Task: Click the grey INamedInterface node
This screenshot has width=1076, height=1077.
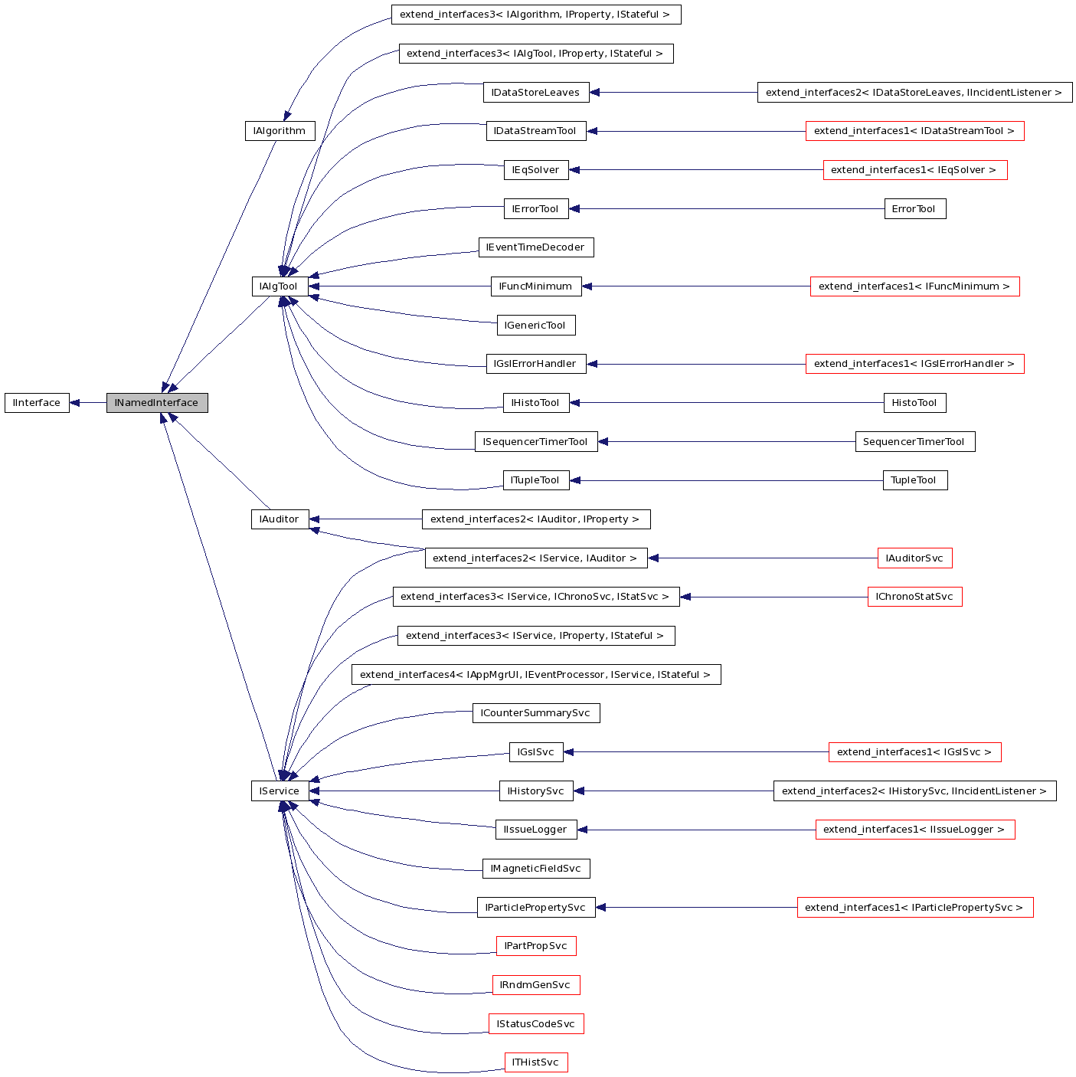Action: pos(157,403)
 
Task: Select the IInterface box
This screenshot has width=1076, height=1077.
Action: pos(37,403)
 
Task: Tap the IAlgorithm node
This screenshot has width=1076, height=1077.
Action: pos(280,131)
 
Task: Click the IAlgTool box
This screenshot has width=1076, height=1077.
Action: pos(280,286)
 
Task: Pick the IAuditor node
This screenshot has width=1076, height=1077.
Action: pos(280,519)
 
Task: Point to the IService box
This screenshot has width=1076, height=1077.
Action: pos(280,791)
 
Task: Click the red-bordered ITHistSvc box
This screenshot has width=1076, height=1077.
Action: pos(535,1062)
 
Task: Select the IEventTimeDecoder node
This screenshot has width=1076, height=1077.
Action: pos(535,247)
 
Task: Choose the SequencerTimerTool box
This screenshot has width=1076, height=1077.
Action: pos(914,442)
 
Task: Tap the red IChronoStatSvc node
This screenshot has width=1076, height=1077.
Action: pos(914,597)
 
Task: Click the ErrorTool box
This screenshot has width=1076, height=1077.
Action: pos(914,209)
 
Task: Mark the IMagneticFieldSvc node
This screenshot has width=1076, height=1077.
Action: pos(535,869)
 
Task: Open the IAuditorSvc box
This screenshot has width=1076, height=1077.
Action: pos(914,558)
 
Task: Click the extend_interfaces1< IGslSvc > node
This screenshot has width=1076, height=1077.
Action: pos(914,752)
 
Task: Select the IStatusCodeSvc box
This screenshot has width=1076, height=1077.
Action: pos(535,1024)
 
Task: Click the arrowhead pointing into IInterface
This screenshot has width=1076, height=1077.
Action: pos(75,403)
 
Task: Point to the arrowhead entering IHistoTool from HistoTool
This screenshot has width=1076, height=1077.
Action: pos(575,403)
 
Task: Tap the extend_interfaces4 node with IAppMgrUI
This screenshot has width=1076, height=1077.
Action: pos(535,675)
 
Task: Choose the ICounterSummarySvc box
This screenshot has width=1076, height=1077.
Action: pos(535,713)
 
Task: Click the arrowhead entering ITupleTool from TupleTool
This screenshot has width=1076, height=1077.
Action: pos(575,480)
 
